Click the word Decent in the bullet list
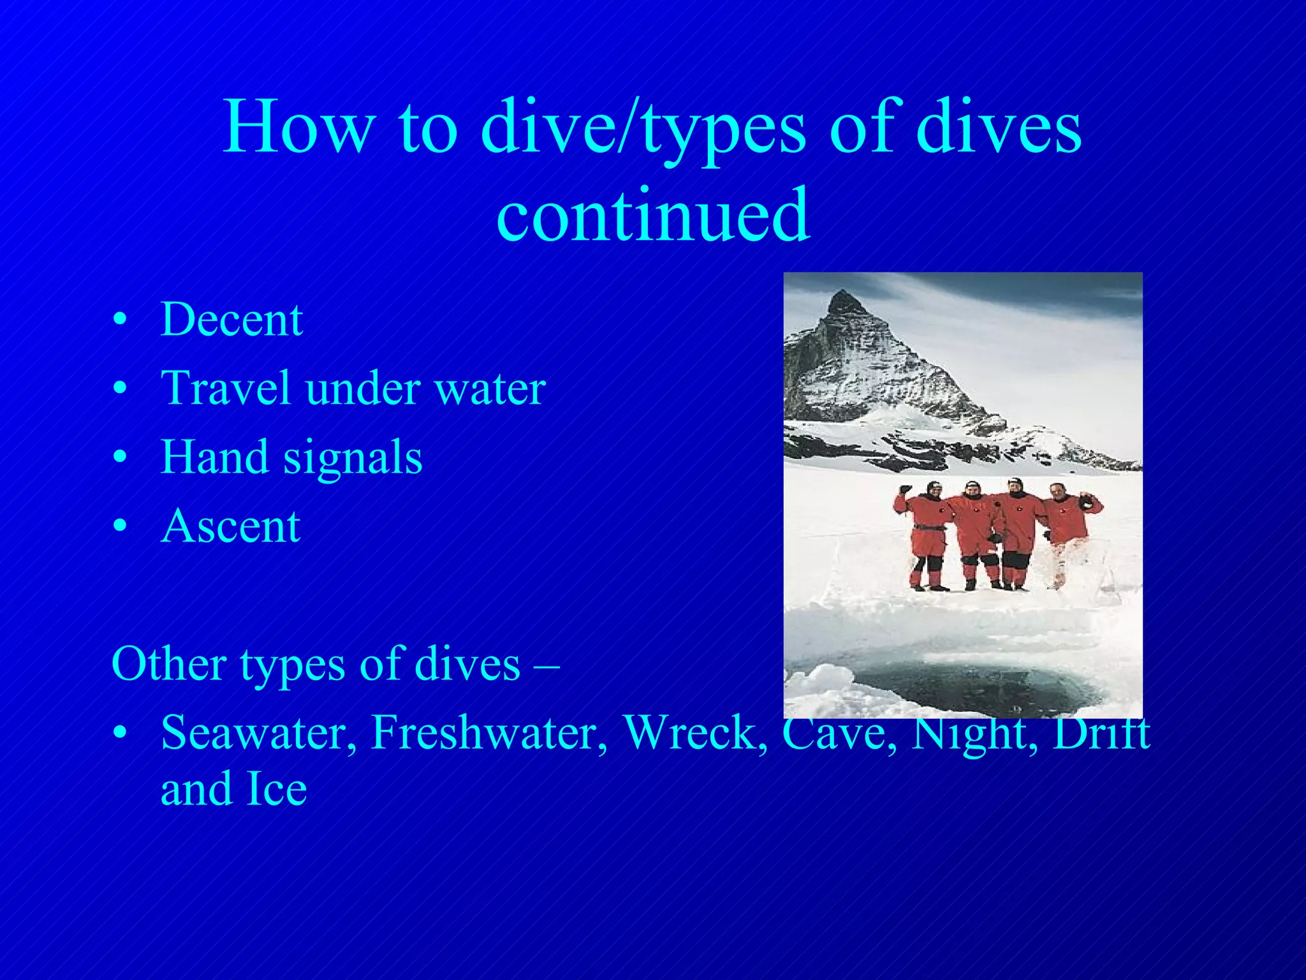[231, 319]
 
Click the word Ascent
[231, 526]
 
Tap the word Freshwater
[489, 732]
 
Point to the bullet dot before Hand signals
[119, 458]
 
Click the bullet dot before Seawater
[119, 734]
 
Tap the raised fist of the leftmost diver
[904, 490]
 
